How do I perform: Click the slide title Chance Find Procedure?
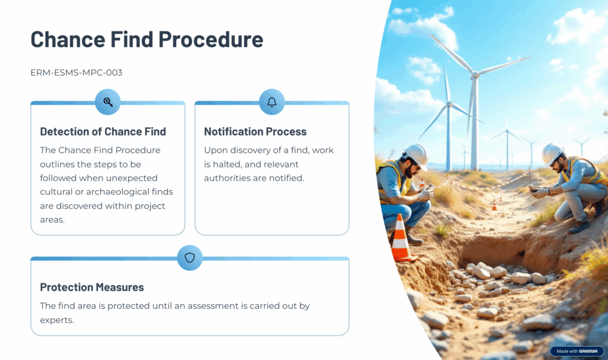[147, 39]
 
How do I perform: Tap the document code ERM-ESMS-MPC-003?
[77, 72]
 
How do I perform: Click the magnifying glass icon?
[108, 102]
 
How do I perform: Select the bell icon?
[272, 102]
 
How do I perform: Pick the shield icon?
[189, 258]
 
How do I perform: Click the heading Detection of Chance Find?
[103, 131]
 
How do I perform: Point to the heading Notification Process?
[255, 131]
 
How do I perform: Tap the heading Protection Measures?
[92, 287]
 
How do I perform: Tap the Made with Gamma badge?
[577, 351]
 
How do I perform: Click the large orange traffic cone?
[401, 238]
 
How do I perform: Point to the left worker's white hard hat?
[416, 156]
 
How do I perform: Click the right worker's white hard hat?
[552, 154]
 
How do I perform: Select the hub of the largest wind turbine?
[476, 74]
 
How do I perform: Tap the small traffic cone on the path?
[495, 205]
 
